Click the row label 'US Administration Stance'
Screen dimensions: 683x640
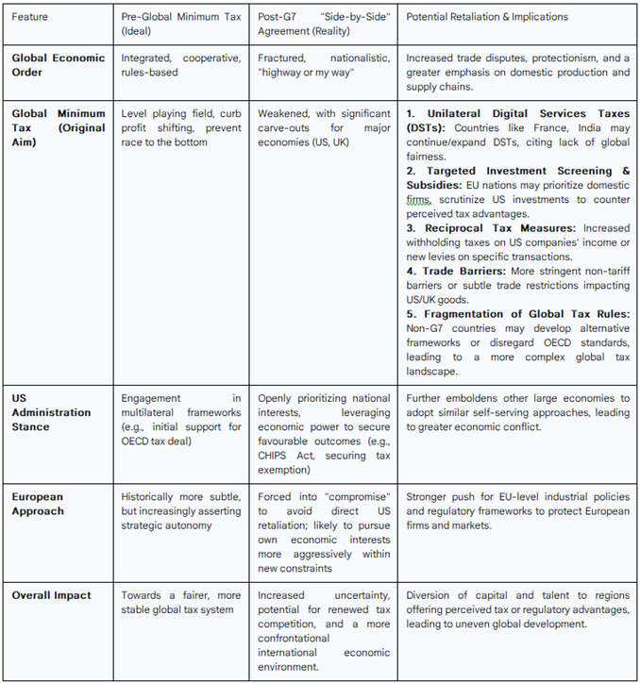coord(51,412)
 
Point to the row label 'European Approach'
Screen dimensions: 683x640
coord(38,504)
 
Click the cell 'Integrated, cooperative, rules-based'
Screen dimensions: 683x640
coord(180,65)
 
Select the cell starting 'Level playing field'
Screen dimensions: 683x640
coord(180,127)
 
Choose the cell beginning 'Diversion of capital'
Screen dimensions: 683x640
coord(517,609)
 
